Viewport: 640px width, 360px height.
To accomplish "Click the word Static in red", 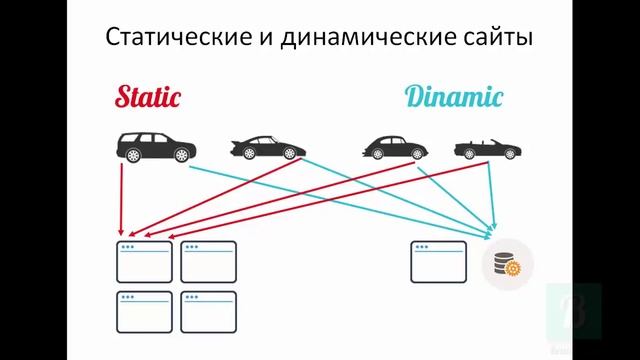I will click(148, 97).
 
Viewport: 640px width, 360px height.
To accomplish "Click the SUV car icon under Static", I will click(156, 147).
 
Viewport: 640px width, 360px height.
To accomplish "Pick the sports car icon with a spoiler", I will click(267, 148).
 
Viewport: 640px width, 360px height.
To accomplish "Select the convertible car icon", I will click(487, 149).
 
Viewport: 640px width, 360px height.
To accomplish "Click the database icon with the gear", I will click(507, 263).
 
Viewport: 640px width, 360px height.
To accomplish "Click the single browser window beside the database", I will click(438, 261).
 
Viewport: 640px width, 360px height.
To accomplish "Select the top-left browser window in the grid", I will click(144, 261).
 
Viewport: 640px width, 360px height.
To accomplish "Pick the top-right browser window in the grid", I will click(208, 261).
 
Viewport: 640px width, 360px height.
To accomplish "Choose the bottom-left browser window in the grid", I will click(144, 311).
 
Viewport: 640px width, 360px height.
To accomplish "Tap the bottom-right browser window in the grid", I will click(208, 311).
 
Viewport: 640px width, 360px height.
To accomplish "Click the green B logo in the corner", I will click(574, 310).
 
